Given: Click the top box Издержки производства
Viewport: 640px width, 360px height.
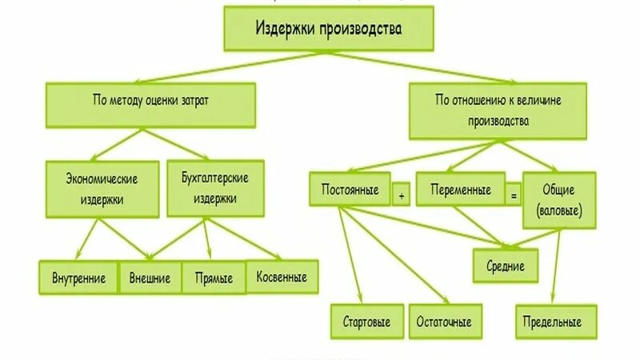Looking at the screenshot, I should [329, 31].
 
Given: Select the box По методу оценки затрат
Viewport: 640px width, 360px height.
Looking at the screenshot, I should [150, 103].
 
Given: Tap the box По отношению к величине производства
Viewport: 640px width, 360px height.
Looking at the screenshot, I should [498, 111].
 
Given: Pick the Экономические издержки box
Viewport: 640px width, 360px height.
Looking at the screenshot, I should [102, 188].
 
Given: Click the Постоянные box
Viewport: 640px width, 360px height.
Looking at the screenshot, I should [350, 191].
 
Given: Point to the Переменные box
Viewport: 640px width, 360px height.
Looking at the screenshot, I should [460, 191].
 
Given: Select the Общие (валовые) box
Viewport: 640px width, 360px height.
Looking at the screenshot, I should [559, 200].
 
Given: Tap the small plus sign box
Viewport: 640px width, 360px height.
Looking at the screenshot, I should [402, 194].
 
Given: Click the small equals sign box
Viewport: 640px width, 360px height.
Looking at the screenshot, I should [514, 194].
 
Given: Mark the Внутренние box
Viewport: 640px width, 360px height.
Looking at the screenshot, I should [79, 278].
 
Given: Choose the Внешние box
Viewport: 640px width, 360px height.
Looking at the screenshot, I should [150, 278].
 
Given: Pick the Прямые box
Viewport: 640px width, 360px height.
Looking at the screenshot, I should [214, 278].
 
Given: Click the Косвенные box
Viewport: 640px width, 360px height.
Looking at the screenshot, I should [282, 277].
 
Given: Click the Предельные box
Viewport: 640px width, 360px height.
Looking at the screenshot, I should [557, 322].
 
